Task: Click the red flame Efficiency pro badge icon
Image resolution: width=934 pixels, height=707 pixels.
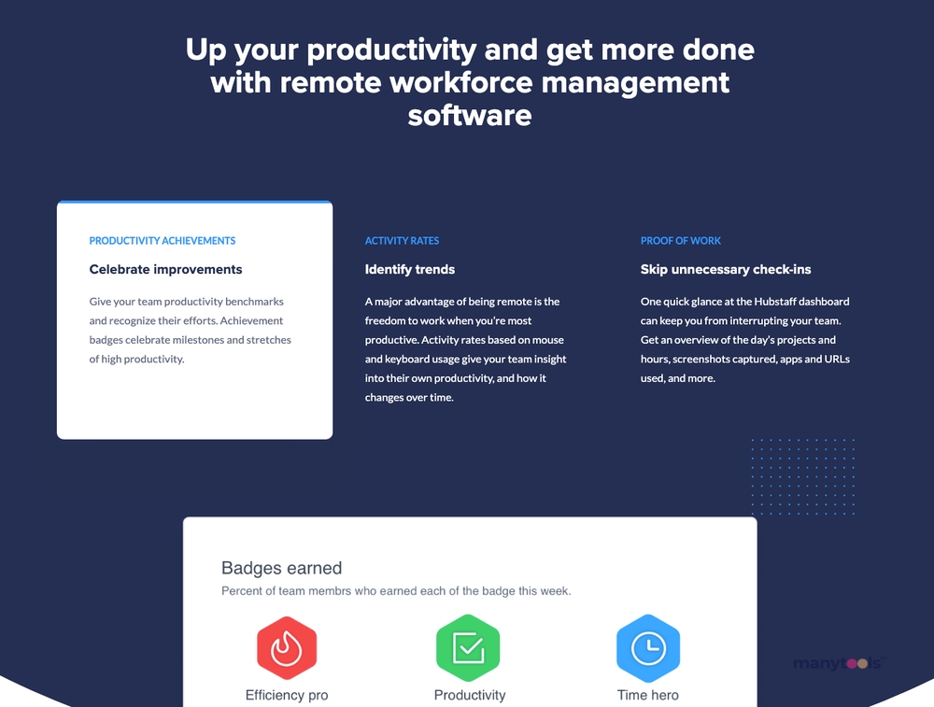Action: coord(287,648)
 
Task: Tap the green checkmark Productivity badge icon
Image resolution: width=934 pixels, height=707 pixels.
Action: coord(468,648)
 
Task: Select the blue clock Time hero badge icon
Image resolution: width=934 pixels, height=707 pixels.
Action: coord(648,648)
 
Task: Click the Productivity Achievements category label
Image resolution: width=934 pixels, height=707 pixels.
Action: coord(163,241)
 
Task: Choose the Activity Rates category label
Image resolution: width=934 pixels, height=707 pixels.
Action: coord(402,241)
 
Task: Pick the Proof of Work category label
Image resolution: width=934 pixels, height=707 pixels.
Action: coord(681,241)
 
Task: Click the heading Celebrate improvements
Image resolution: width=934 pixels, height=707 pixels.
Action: coord(165,269)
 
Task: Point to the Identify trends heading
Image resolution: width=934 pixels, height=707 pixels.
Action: coord(410,269)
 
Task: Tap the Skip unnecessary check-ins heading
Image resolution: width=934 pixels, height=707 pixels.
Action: coord(726,269)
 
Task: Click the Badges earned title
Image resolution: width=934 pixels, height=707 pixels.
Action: coord(282,568)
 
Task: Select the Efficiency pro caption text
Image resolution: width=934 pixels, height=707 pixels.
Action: coord(287,695)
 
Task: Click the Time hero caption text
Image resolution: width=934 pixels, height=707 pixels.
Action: coord(648,695)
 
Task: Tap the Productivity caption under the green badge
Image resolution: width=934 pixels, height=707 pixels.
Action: coord(470,695)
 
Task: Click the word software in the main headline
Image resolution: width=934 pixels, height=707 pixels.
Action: coord(470,115)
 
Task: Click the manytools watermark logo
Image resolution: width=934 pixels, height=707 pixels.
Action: coord(840,663)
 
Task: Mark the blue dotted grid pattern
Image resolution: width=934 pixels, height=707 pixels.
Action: coord(803,476)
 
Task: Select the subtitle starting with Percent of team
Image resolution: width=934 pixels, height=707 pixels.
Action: coord(396,591)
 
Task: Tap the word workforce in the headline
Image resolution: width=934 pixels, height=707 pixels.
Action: coord(461,82)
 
